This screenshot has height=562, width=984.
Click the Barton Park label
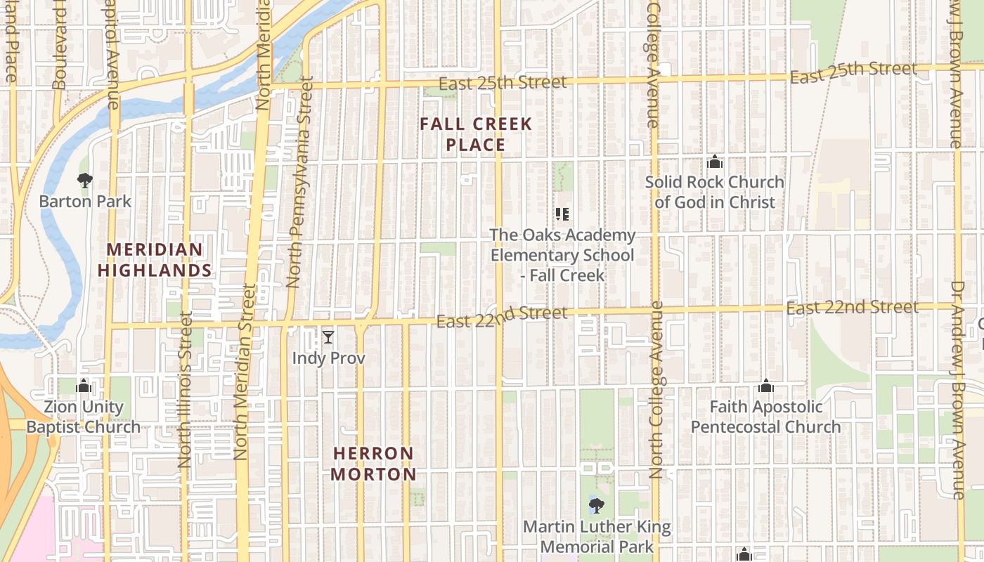click(x=85, y=202)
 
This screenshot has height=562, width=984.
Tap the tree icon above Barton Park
click(x=85, y=181)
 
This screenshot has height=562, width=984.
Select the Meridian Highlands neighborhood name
click(x=155, y=260)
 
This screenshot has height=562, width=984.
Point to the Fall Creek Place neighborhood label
click(x=476, y=135)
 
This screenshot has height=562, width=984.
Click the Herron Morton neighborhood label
click(x=373, y=464)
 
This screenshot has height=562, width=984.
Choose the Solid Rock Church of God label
click(x=714, y=192)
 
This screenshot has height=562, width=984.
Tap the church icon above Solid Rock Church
click(x=715, y=162)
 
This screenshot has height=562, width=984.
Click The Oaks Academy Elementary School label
click(x=562, y=255)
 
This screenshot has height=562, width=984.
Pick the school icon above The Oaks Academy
click(x=562, y=214)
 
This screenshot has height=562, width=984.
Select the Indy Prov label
click(x=328, y=358)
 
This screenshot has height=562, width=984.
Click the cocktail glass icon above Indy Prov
click(x=328, y=338)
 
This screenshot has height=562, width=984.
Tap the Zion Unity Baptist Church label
click(x=84, y=417)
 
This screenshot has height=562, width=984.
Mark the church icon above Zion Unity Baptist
click(x=84, y=386)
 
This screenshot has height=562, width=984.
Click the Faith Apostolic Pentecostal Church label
click(x=765, y=417)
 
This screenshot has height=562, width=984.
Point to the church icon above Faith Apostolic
click(x=766, y=386)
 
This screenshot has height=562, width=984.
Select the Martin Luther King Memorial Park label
click(x=597, y=537)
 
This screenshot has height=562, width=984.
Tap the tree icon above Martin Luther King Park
click(x=596, y=505)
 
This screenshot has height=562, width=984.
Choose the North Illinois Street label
click(x=186, y=390)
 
